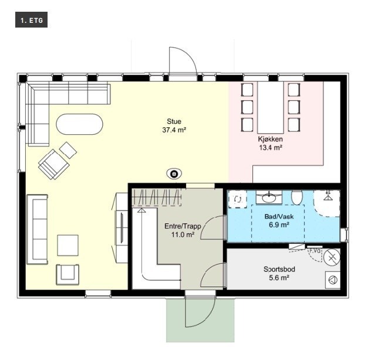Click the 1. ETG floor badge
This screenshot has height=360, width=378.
click(31, 20)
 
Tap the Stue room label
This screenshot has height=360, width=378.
click(174, 121)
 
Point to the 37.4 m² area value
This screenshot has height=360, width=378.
click(174, 130)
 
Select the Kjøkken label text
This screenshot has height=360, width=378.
click(270, 139)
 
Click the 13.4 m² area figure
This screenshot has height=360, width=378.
click(271, 148)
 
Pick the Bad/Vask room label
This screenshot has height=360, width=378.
click(279, 216)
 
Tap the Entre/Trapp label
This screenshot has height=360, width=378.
click(183, 226)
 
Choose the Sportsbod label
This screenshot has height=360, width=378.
click(279, 269)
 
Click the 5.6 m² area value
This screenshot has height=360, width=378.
click(279, 278)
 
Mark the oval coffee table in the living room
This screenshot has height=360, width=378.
click(80, 124)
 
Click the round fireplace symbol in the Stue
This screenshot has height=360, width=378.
click(174, 174)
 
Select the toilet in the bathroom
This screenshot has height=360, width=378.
click(297, 197)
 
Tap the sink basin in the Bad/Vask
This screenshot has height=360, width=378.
click(269, 198)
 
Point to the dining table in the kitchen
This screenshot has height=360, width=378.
click(271, 107)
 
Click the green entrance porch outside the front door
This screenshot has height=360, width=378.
click(200, 320)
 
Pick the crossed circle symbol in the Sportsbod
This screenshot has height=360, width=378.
click(332, 257)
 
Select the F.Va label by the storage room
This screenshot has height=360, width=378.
click(315, 251)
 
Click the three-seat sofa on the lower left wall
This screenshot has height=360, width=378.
click(37, 229)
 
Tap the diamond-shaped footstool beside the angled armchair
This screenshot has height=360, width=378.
click(68, 150)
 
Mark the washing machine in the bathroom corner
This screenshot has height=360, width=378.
click(238, 199)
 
